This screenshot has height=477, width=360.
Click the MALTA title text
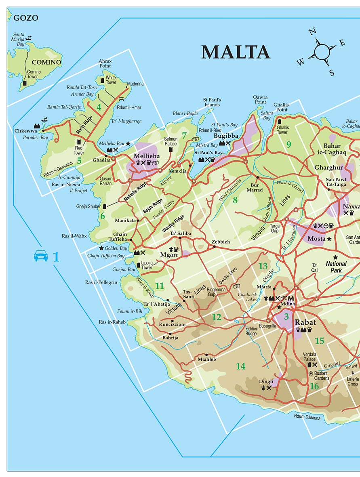[236, 52]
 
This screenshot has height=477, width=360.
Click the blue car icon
[41, 256]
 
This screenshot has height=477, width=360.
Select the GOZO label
[26, 18]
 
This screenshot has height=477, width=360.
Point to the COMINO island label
[46, 62]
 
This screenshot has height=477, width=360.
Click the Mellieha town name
[147, 156]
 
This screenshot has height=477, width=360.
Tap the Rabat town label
[305, 322]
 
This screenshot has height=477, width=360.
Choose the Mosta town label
[316, 239]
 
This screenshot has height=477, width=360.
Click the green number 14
[241, 366]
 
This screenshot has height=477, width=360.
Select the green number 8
[235, 199]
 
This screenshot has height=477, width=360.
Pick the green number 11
[160, 286]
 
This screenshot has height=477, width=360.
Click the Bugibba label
[226, 136]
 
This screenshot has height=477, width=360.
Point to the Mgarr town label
[169, 254]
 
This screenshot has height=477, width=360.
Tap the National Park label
[336, 267]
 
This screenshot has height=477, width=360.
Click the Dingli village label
[266, 381]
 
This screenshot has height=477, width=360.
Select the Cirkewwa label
[26, 131]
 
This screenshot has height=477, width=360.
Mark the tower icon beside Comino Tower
[25, 82]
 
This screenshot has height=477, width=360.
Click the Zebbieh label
[221, 242]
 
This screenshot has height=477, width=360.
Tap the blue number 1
[56, 256]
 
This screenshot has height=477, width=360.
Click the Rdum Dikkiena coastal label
[307, 417]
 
